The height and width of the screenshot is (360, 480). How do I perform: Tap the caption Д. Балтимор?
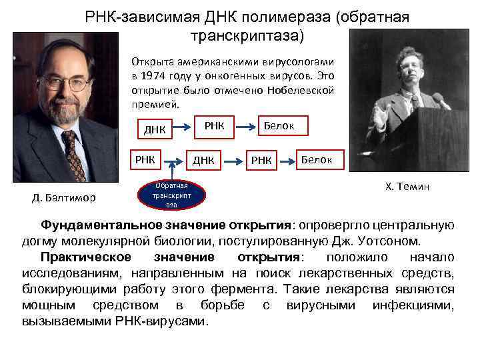click(x=64, y=197)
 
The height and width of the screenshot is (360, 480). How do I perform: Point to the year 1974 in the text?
click(x=155, y=75)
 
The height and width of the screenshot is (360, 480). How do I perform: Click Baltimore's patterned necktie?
click(x=72, y=153)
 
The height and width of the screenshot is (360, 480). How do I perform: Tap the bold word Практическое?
click(x=84, y=257)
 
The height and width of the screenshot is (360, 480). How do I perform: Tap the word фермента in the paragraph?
click(x=246, y=289)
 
